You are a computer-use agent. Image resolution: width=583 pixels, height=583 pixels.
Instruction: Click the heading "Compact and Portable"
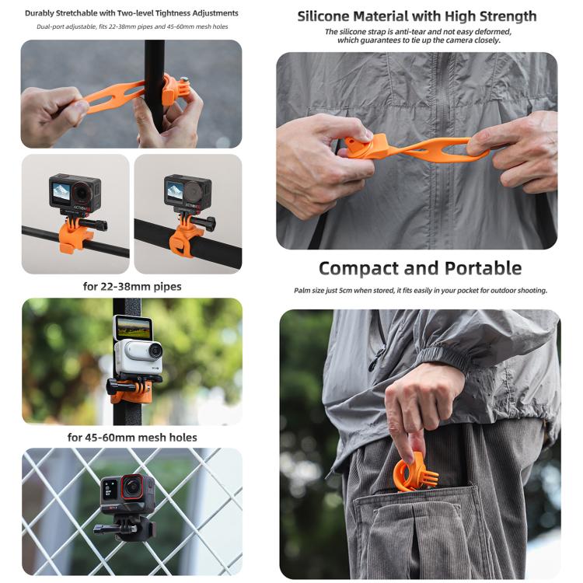(x=420, y=268)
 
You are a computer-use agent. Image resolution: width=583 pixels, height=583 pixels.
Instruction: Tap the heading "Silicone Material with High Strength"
(x=417, y=16)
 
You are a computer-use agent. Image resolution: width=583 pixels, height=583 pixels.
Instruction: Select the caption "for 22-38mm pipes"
(x=132, y=286)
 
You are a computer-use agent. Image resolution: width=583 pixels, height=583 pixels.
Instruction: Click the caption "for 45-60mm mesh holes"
(x=132, y=437)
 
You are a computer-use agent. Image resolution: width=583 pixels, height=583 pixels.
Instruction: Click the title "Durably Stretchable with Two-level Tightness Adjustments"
(x=131, y=13)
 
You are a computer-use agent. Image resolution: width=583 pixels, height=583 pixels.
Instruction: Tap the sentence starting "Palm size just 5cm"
(x=420, y=290)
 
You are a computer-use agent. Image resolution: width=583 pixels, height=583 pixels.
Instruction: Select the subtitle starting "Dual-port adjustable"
(x=131, y=27)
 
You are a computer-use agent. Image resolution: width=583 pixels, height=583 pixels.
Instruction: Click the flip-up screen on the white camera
(x=132, y=327)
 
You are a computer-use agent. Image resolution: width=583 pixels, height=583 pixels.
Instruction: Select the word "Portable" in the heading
(x=482, y=268)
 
